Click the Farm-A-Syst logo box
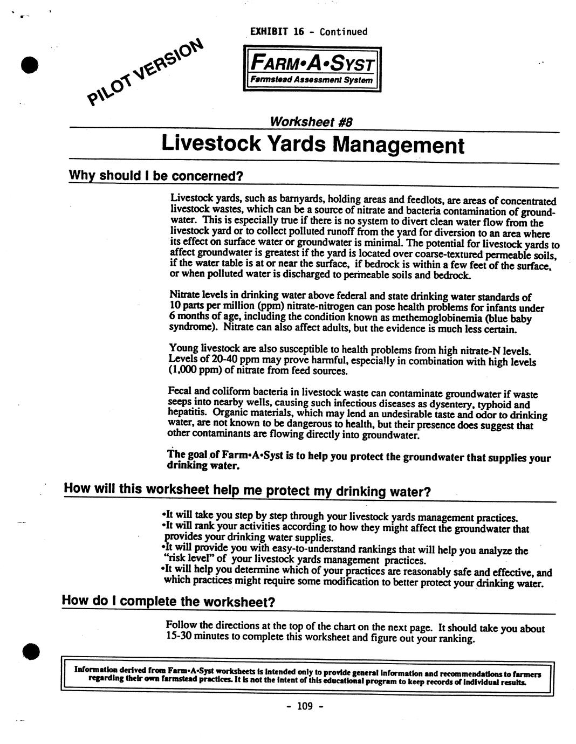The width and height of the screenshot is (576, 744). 312,69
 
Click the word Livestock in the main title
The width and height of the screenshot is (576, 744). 211,144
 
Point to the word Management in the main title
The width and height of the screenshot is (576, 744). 398,145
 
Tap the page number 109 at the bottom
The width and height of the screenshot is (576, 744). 305,706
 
